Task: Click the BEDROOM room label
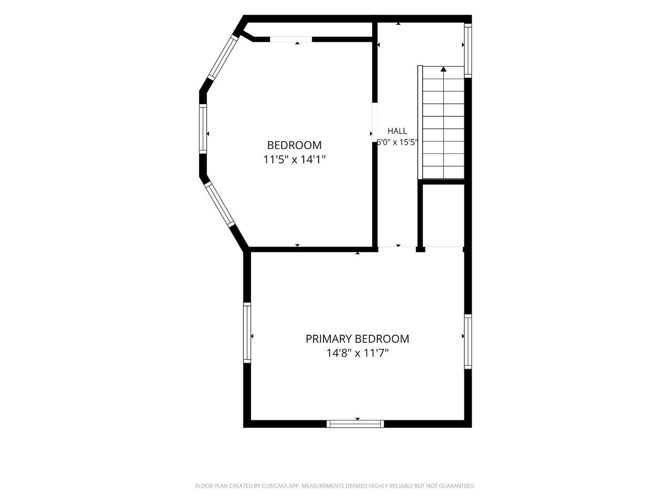pyautogui.click(x=294, y=145)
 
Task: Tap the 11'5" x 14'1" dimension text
pyautogui.click(x=294, y=160)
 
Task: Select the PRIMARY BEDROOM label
pyautogui.click(x=357, y=339)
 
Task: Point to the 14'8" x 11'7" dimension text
pyautogui.click(x=357, y=353)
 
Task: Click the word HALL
pyautogui.click(x=397, y=131)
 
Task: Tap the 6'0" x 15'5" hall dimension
pyautogui.click(x=397, y=142)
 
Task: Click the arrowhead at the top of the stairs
pyautogui.click(x=443, y=69)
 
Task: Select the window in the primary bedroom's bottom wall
pyautogui.click(x=355, y=423)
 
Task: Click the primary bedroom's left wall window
pyautogui.click(x=247, y=333)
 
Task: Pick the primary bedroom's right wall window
pyautogui.click(x=468, y=342)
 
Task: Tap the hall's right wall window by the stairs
pyautogui.click(x=468, y=51)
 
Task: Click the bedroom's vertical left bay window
pyautogui.click(x=203, y=129)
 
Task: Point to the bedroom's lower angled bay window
pyautogui.click(x=220, y=204)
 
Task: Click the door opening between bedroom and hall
pyautogui.click(x=375, y=122)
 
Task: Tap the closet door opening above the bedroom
pyautogui.click(x=291, y=39)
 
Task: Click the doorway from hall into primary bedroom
pyautogui.click(x=397, y=249)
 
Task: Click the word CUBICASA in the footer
pyautogui.click(x=275, y=486)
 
